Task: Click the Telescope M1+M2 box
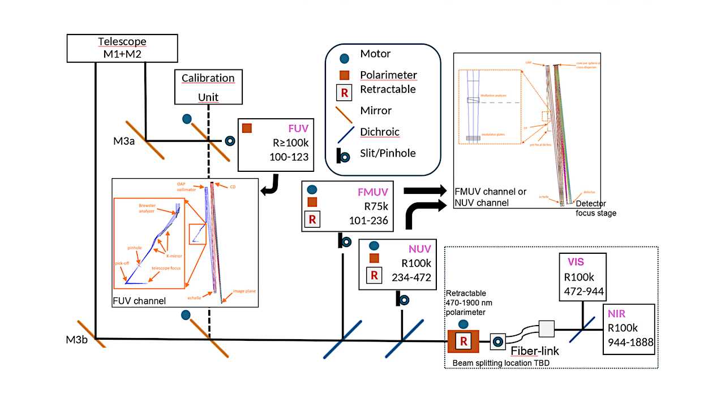click(122, 47)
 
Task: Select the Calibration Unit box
click(208, 87)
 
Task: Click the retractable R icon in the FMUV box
click(312, 219)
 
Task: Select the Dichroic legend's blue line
click(344, 132)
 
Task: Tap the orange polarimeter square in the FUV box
click(247, 128)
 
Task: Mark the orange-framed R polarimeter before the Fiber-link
click(463, 341)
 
